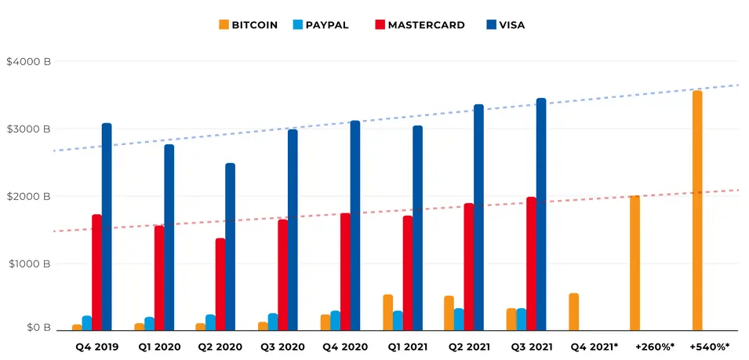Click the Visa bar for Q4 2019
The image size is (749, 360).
tap(107, 227)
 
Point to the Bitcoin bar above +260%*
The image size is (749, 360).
tap(634, 263)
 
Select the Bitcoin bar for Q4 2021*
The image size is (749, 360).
tap(574, 311)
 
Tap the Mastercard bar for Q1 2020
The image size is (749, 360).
tap(159, 278)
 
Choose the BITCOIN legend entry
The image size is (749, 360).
tap(248, 25)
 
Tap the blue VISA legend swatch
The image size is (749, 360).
tap(491, 25)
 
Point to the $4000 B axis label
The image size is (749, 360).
tap(28, 61)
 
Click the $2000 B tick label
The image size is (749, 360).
tap(28, 196)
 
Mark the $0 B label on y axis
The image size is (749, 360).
tap(35, 327)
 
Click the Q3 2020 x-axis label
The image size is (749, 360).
tap(282, 347)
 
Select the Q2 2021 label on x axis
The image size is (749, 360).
tap(469, 347)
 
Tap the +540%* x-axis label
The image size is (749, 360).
tap(709, 347)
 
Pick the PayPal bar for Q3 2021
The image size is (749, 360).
tap(522, 319)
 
